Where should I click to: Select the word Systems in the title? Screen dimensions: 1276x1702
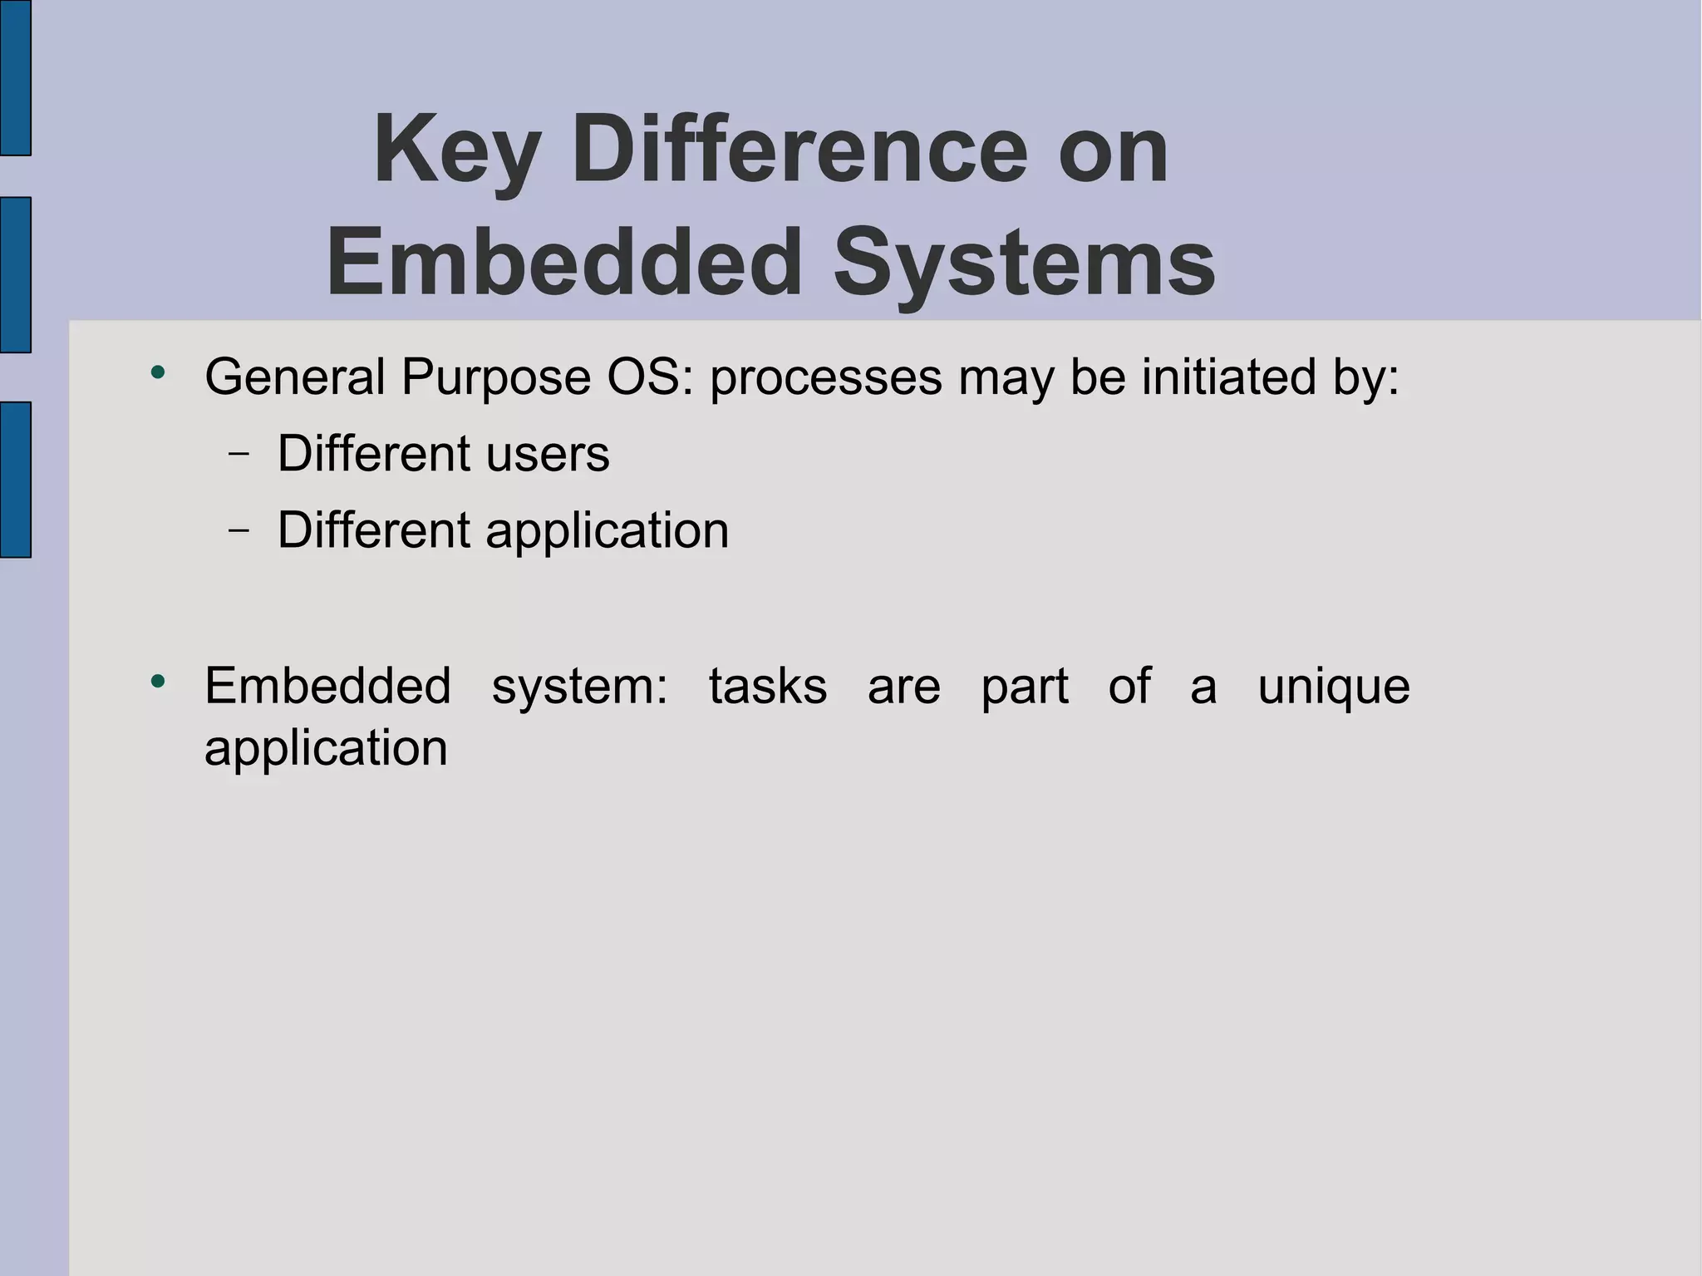(x=1024, y=263)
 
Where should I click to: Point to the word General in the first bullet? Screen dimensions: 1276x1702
(x=294, y=377)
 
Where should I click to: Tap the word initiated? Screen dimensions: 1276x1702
(x=1229, y=377)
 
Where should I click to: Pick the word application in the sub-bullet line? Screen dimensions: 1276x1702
(x=607, y=532)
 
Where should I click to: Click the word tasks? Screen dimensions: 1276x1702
(x=768, y=687)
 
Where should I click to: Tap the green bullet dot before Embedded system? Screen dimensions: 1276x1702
(x=158, y=682)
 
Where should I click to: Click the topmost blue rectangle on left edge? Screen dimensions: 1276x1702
(x=15, y=77)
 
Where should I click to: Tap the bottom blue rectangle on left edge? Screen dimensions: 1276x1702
(x=15, y=479)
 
